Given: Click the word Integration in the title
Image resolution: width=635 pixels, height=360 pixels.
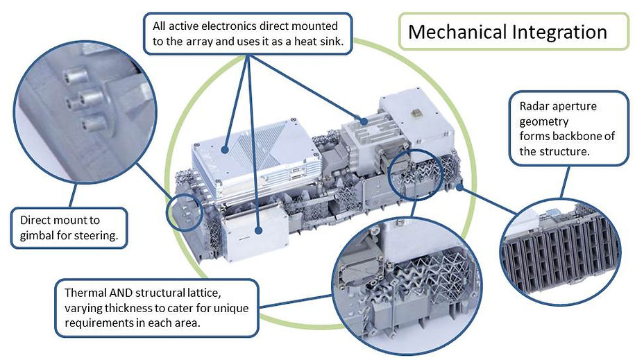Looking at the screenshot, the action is (x=559, y=33).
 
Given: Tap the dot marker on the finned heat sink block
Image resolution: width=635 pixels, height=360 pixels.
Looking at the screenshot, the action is (x=364, y=121).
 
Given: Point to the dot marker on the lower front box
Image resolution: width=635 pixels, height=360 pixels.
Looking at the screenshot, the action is (x=259, y=230).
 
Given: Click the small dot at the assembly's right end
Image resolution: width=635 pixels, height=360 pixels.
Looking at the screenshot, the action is (x=459, y=187).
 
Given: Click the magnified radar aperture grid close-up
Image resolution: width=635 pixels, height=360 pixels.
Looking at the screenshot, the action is (x=561, y=252).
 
